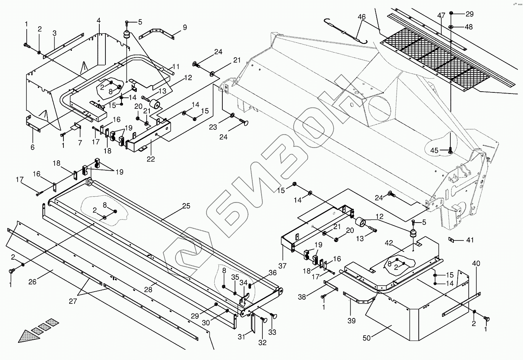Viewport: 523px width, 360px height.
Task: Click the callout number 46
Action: pyautogui.click(x=362, y=16)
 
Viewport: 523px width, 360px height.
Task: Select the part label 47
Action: pyautogui.click(x=441, y=16)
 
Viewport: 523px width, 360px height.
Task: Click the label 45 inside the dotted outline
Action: pyautogui.click(x=434, y=150)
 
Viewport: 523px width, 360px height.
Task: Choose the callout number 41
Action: pyautogui.click(x=470, y=240)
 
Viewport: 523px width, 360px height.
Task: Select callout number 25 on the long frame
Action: pyautogui.click(x=186, y=206)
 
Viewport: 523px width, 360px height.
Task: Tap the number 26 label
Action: pyautogui.click(x=32, y=283)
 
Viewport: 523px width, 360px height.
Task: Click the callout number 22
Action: pyautogui.click(x=151, y=158)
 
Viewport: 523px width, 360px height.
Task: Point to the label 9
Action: pyautogui.click(x=185, y=27)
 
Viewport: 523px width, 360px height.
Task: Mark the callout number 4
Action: pyautogui.click(x=99, y=20)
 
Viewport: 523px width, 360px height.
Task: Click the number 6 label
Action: pyautogui.click(x=32, y=147)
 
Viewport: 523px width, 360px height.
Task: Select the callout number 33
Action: pyautogui.click(x=272, y=333)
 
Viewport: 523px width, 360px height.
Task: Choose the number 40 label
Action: pyautogui.click(x=476, y=263)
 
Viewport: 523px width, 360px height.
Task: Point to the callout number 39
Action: pyautogui.click(x=351, y=321)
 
